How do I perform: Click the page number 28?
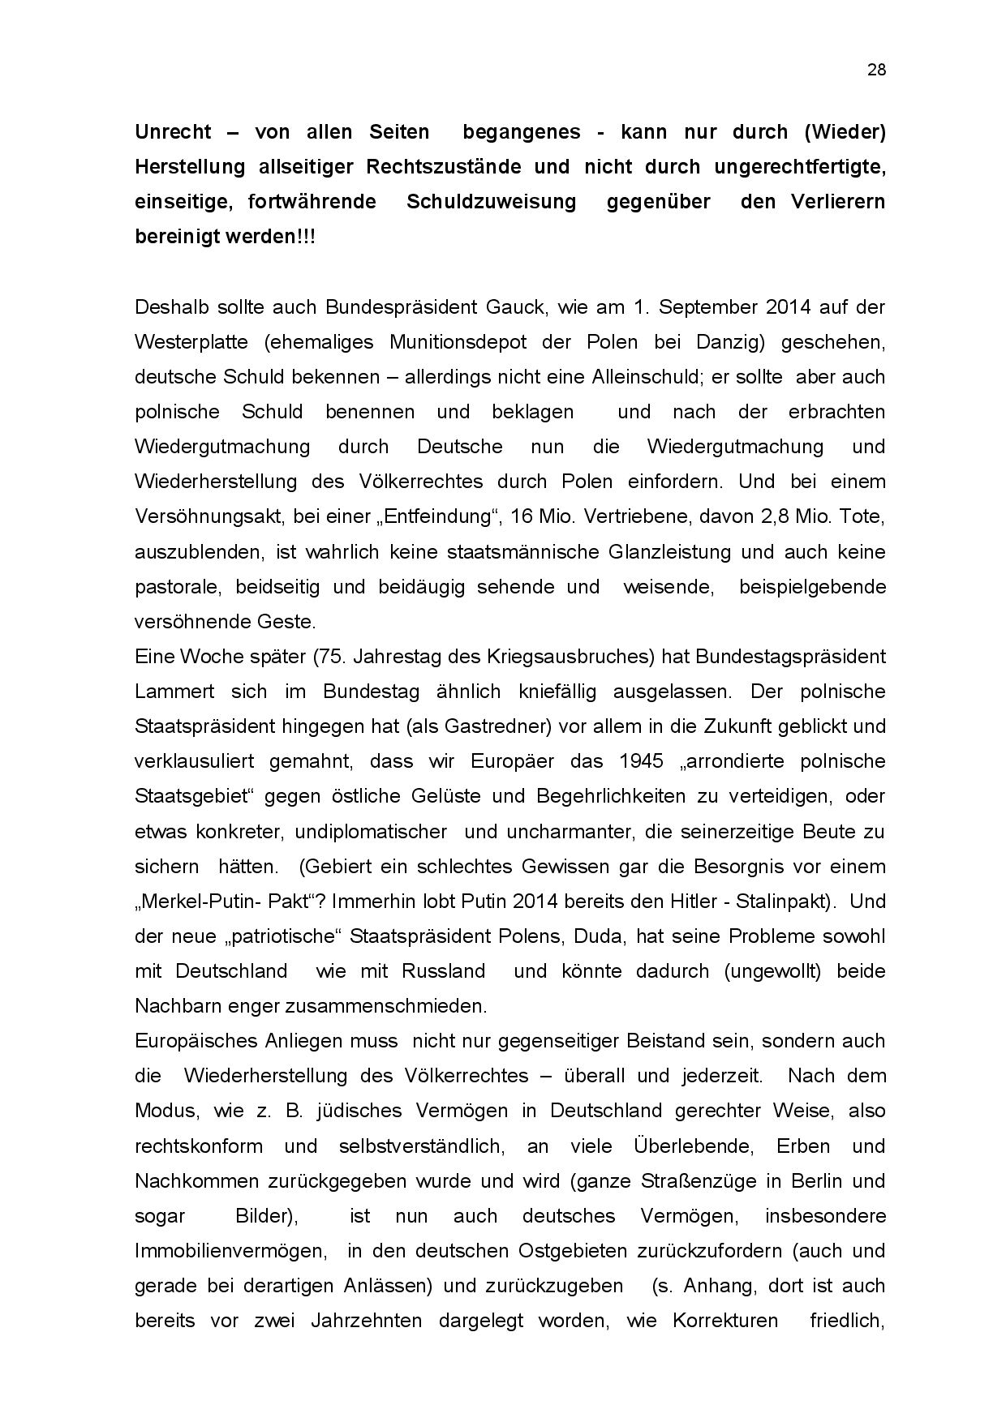pos(876,70)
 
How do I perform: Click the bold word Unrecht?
pos(173,132)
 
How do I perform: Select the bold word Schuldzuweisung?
pos(491,202)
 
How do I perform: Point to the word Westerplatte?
pos(191,342)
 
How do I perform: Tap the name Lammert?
pos(174,692)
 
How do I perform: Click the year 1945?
pos(641,761)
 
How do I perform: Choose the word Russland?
pos(444,971)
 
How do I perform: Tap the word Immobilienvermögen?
pos(230,1251)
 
